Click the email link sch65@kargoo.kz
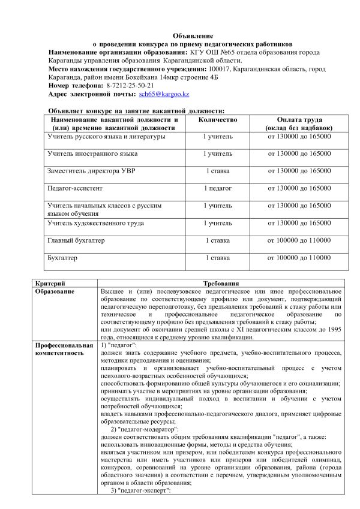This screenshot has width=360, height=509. [164, 95]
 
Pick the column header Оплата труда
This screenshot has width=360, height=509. [299, 120]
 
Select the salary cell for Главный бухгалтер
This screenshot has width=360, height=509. [299, 240]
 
